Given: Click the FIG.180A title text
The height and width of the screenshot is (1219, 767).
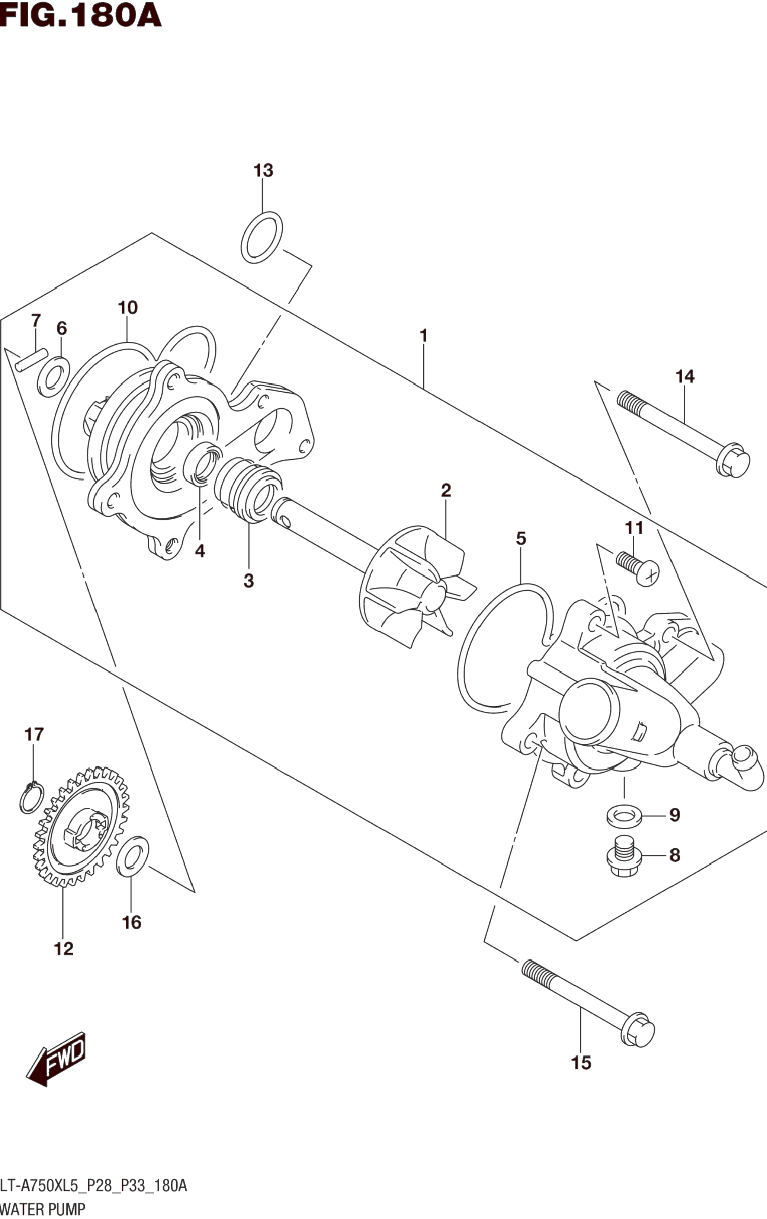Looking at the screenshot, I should click(81, 15).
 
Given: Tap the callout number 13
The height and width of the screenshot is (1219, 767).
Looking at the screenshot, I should click(263, 170).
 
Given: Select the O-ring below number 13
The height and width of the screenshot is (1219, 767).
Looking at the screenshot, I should click(261, 237).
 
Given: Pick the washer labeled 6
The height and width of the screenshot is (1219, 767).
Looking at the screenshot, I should click(54, 377).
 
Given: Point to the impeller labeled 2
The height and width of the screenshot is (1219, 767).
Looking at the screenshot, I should click(417, 587).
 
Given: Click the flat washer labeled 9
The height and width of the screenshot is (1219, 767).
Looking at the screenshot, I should click(624, 816).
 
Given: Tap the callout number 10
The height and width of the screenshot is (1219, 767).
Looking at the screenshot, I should click(128, 307).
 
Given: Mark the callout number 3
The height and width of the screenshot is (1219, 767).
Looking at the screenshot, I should click(248, 581).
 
